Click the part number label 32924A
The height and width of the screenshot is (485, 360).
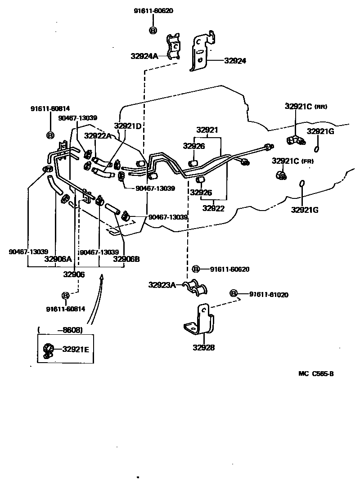coord(144,56)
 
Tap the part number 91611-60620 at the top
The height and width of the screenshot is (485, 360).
coord(153,11)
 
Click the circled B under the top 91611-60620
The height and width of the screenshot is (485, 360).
coord(153,30)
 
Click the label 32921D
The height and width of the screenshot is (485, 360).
coord(127,126)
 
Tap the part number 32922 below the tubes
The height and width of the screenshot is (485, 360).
coord(213,208)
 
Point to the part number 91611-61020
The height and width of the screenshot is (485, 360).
coord(269,295)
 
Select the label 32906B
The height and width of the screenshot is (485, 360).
coord(126,259)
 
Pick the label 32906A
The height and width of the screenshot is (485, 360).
coord(58,259)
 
